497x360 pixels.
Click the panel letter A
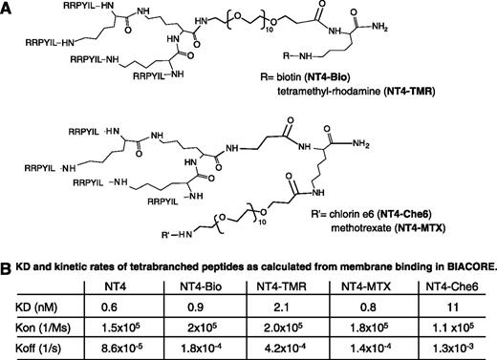click(10, 9)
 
